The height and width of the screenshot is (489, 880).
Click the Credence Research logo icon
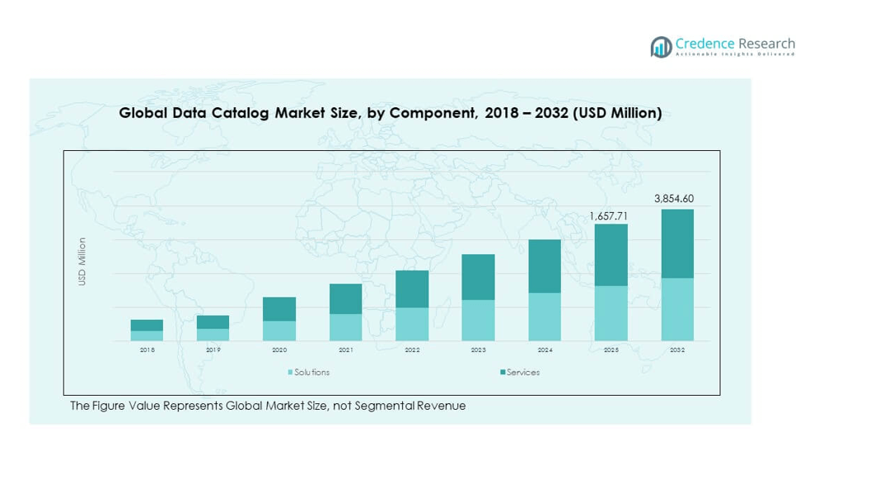661,47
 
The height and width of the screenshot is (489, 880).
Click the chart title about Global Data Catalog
391,113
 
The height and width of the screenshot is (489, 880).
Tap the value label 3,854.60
674,199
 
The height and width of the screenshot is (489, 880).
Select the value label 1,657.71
608,216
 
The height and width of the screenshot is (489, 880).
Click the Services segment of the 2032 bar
677,243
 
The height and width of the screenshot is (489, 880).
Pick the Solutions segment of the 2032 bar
677,309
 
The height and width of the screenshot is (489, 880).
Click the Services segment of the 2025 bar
611,255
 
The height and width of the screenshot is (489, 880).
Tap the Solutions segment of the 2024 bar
545,317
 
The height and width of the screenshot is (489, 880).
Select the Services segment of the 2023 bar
478,277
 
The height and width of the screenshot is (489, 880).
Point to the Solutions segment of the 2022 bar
412,324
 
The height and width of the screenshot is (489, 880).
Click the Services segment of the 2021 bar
345,299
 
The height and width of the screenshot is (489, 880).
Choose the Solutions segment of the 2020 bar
279,331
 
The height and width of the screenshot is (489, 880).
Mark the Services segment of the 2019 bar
213,322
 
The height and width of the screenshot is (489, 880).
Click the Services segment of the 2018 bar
147,325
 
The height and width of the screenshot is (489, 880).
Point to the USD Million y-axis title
82,261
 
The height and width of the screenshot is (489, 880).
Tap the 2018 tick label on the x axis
147,350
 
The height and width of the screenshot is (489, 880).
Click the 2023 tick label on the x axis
478,350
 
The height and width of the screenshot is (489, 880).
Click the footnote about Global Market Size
268,406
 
